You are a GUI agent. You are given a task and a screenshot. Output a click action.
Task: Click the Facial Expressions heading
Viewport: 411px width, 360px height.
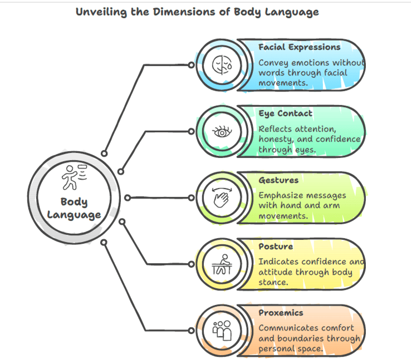299,47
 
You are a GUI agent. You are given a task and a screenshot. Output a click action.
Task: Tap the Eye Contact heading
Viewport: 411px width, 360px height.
285,114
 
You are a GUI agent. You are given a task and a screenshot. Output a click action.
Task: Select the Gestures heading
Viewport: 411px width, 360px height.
278,180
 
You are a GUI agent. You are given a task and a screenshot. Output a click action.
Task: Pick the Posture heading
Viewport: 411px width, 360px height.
276,246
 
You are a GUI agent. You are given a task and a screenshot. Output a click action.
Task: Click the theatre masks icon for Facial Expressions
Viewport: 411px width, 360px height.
222,65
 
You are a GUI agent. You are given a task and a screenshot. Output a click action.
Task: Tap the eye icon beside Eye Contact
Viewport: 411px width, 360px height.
222,131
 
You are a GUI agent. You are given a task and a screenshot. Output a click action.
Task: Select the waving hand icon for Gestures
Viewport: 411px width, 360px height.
222,198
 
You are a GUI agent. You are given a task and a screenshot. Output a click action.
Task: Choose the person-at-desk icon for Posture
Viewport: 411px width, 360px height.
222,264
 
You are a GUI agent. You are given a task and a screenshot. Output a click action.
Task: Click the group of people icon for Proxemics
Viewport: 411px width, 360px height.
222,331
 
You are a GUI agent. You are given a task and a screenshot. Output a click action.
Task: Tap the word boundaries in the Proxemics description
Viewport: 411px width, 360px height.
305,338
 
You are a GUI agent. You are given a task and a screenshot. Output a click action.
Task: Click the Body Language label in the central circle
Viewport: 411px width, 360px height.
74,208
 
